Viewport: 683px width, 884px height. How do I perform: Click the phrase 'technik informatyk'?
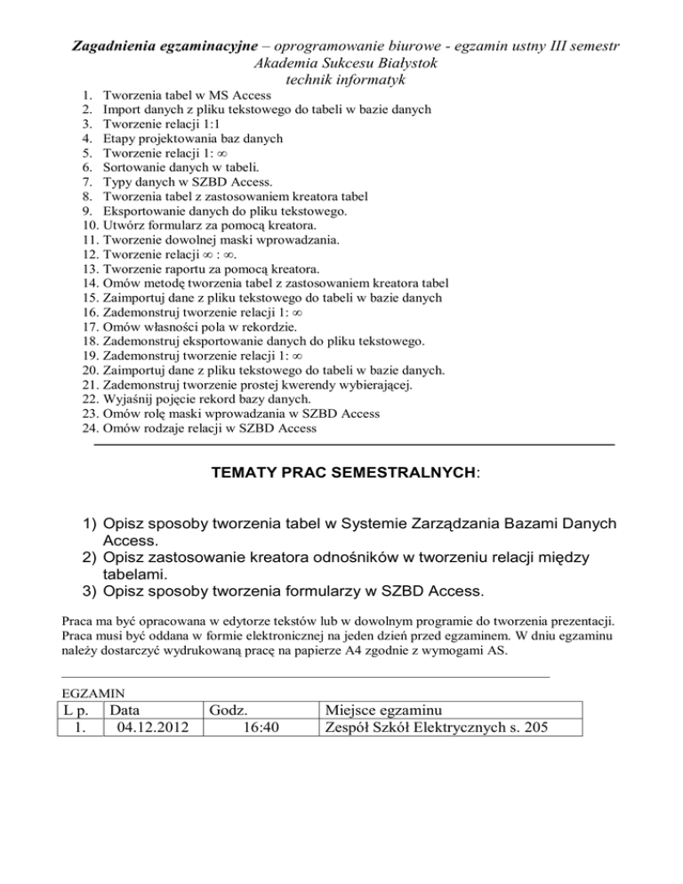pyautogui.click(x=341, y=80)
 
